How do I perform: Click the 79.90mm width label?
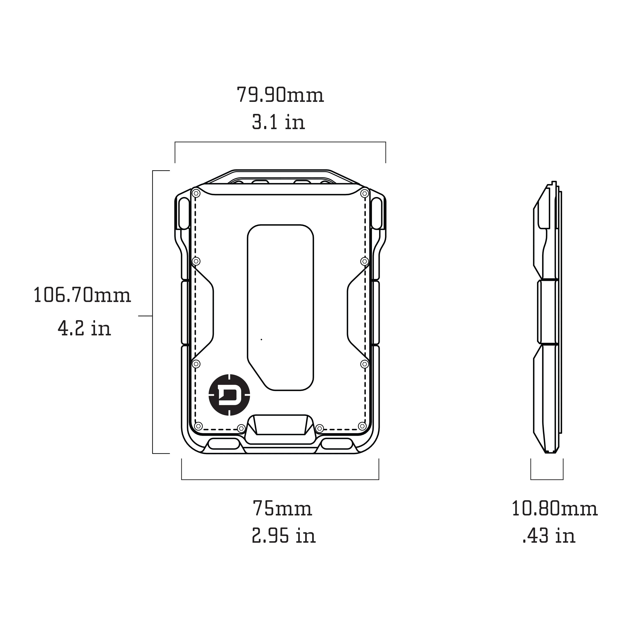280,95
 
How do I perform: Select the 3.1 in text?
278,122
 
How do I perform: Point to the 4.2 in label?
84,328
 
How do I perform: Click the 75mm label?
282,509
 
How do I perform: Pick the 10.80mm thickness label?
554,509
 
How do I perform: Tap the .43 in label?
548,536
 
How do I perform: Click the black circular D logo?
229,395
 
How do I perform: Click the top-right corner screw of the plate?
364,194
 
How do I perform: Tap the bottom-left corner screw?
198,426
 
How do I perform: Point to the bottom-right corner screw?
362,426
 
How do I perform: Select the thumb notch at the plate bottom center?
280,425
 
